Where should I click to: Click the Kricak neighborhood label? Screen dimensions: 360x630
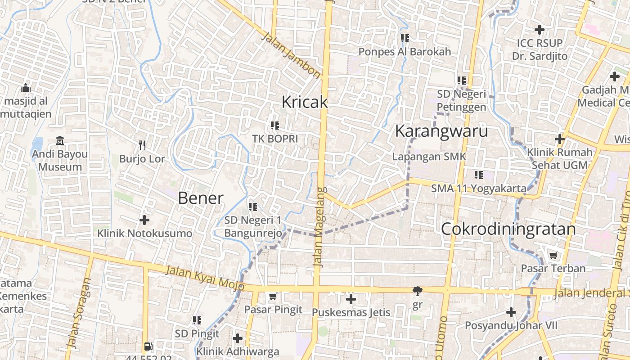coord(305,102)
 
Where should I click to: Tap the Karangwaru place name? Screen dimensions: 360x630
coord(441,131)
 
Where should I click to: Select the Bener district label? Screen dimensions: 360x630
coord(201,198)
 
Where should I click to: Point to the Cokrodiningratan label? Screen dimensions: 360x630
coord(508,229)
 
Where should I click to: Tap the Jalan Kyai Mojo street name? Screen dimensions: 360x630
coord(205,278)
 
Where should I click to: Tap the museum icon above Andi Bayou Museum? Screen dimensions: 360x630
coord(60,141)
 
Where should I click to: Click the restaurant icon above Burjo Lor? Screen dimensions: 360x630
coord(142,145)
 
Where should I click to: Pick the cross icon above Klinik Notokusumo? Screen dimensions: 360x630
coord(144,220)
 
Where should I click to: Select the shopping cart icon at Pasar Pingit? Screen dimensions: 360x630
coord(273,296)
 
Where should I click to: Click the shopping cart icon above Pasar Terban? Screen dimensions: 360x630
coord(553,255)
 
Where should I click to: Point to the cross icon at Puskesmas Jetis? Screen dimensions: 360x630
coord(351,299)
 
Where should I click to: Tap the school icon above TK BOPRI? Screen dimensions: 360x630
coord(274,126)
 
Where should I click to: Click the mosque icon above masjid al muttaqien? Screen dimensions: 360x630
coord(26,87)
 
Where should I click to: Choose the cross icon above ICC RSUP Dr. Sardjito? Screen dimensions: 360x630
coord(539,30)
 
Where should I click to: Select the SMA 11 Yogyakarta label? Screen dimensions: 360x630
coord(479,188)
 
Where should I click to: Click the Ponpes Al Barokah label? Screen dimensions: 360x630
coord(405,52)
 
